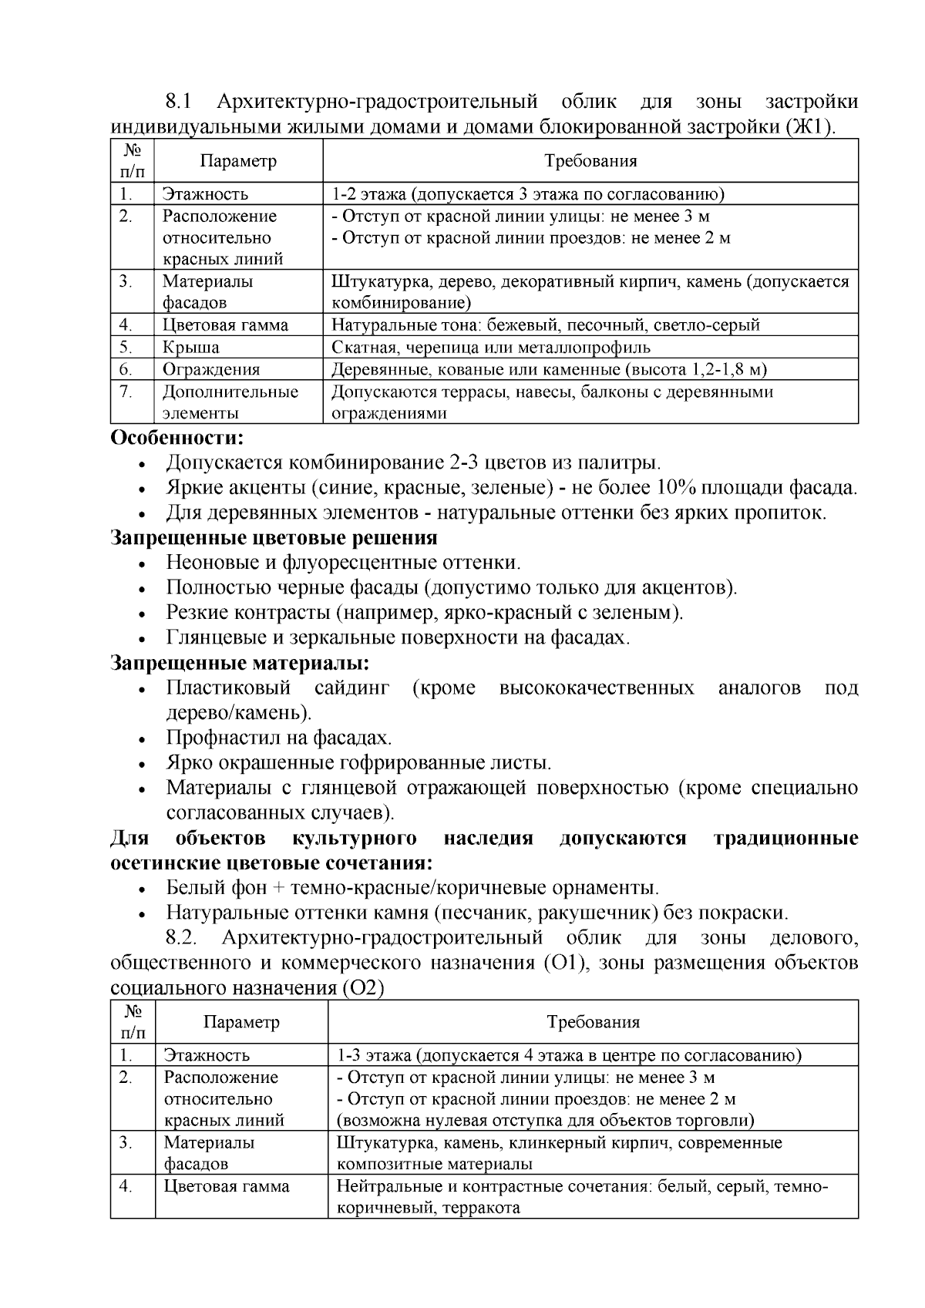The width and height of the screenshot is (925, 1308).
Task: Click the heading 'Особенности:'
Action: pos(177,438)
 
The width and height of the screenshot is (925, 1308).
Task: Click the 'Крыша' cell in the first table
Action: pos(190,347)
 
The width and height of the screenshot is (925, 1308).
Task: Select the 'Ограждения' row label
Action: pos(210,369)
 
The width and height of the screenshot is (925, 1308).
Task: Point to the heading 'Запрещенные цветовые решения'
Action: pos(274,537)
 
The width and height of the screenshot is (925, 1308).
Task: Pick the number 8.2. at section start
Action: pos(183,938)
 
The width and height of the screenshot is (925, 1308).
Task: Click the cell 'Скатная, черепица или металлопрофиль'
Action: pos(491,347)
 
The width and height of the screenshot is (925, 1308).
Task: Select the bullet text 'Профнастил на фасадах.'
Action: pos(279,738)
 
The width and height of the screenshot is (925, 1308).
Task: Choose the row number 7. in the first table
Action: pos(126,392)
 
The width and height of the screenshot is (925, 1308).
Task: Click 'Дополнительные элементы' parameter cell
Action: pos(230,402)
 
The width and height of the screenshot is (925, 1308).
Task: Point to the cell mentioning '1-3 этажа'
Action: pos(569,1055)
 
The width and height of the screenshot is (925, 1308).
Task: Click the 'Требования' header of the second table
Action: pos(593,1022)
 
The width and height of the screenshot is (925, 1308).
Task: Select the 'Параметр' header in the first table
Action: pos(238,161)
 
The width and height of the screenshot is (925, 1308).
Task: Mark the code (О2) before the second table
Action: pos(362,987)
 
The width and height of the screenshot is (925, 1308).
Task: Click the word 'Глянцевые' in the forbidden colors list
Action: pos(213,637)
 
